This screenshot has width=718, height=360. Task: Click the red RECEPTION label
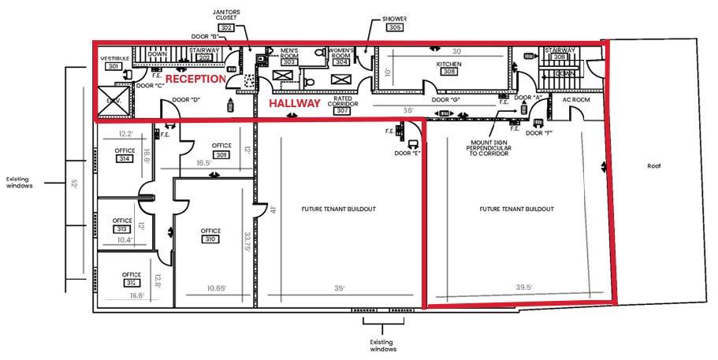click(x=195, y=79)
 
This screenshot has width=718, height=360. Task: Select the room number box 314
click(x=123, y=158)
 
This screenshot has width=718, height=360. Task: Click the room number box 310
click(x=210, y=239)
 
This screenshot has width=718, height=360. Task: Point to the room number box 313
click(x=122, y=228)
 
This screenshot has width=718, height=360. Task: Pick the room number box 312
click(x=132, y=284)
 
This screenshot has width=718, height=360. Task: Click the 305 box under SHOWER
click(x=395, y=27)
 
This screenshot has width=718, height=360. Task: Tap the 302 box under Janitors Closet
click(x=226, y=27)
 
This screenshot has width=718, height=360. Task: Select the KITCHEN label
click(x=448, y=63)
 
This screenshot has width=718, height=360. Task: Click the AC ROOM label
click(x=576, y=100)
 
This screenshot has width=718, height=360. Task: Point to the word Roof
click(x=653, y=166)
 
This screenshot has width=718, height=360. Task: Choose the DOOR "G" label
click(x=446, y=100)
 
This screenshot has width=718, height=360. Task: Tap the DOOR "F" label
click(x=539, y=133)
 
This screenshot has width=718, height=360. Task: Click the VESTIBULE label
click(x=114, y=58)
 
